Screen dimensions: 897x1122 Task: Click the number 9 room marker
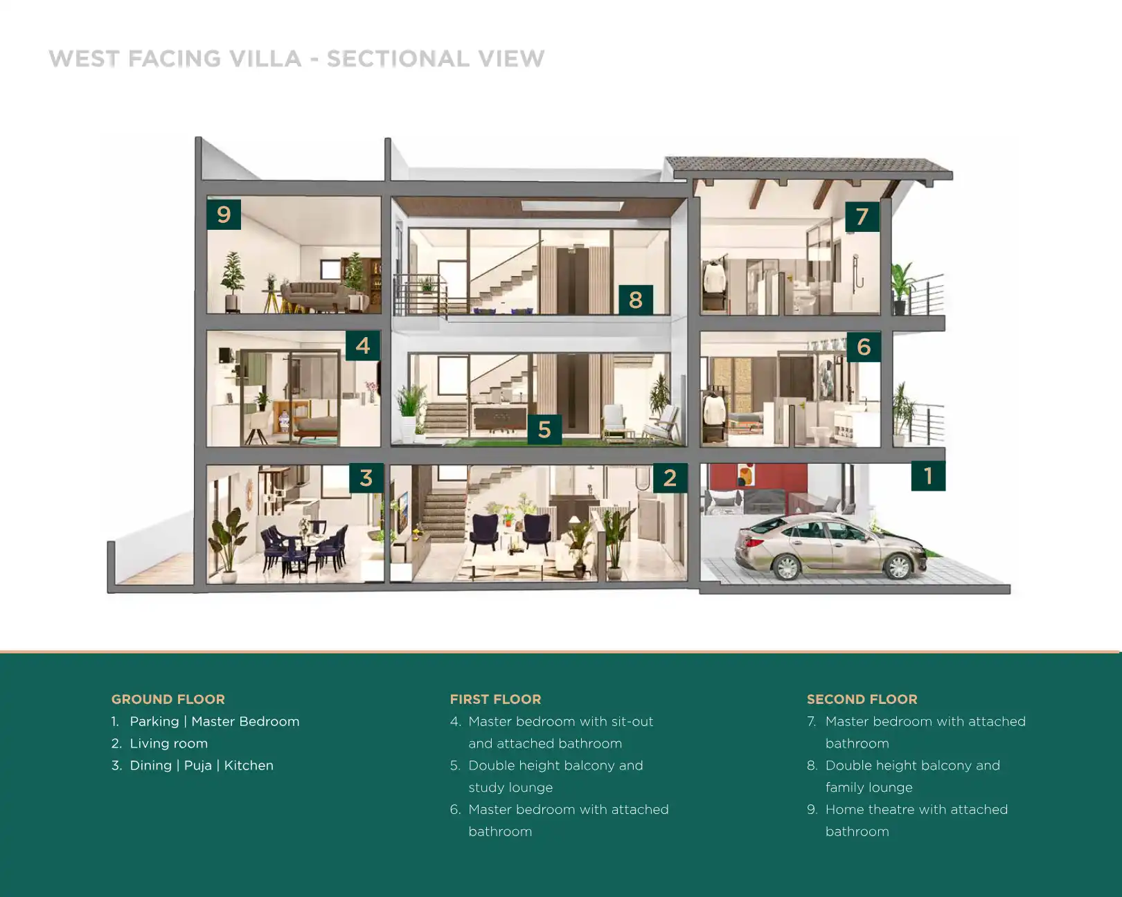[224, 214]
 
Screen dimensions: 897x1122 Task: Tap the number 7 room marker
[862, 217]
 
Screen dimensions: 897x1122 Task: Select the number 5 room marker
[544, 429]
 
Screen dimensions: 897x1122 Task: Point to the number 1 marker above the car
[928, 475]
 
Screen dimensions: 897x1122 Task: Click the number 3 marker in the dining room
[366, 478]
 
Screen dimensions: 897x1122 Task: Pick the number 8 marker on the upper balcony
[635, 300]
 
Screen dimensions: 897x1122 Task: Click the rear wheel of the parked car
[787, 568]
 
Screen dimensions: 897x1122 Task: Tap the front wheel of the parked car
[898, 567]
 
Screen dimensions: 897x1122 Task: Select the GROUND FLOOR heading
[168, 699]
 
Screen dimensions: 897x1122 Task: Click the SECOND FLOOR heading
[862, 699]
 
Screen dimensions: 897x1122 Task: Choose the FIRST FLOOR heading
[495, 699]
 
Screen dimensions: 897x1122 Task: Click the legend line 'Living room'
[168, 743]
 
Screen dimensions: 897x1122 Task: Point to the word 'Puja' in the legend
[197, 765]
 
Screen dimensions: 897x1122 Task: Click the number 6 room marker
[864, 347]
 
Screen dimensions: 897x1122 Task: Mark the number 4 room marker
[363, 345]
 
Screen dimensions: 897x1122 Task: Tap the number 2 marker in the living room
[670, 478]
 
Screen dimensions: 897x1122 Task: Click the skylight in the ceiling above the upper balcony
[572, 206]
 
